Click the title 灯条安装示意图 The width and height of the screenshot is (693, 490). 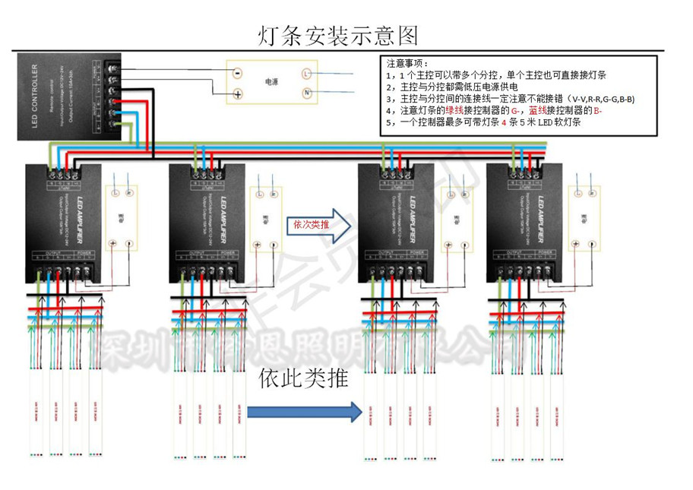point(339,35)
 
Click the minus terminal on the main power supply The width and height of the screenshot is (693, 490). point(238,74)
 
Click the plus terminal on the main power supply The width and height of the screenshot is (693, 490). point(238,94)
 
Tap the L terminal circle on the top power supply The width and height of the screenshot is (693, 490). point(307,74)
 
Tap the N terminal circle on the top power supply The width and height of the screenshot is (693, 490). point(307,93)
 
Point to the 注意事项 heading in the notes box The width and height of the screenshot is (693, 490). point(408,63)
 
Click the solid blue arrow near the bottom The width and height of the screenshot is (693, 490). point(304,413)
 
